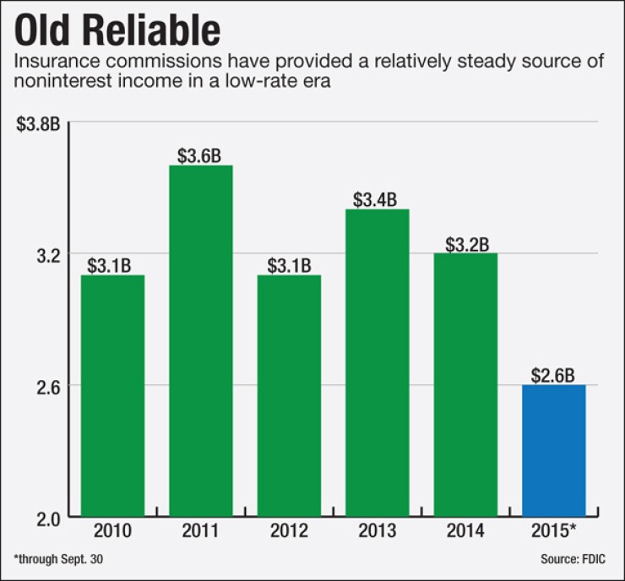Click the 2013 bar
coord(377,362)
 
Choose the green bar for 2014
coord(465,384)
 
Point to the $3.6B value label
coord(199,155)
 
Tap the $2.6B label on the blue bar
coord(553,373)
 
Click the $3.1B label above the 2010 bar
coord(109,265)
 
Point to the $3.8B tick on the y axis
coord(38,123)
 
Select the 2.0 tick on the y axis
coord(47,517)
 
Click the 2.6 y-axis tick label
coord(47,386)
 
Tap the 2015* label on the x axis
coord(553,532)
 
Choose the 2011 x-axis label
coord(201,532)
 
